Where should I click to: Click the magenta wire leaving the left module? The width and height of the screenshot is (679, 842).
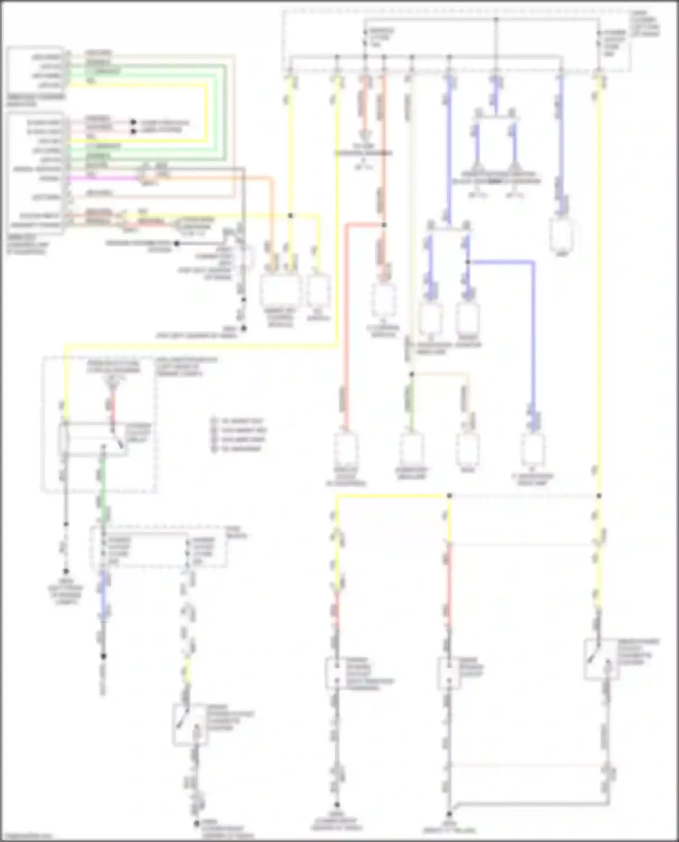coord(104,178)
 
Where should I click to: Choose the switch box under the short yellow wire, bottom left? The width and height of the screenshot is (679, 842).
coord(190,724)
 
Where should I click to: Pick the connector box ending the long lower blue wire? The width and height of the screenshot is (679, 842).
coord(533,450)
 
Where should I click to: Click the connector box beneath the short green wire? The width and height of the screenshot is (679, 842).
coord(411,450)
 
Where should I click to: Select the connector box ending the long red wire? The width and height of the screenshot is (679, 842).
coord(346,450)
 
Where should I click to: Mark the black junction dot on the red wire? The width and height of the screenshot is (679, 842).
coord(384,224)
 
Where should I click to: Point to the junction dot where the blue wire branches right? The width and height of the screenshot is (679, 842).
coord(468,262)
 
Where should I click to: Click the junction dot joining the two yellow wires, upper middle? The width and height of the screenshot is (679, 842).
coord(291,215)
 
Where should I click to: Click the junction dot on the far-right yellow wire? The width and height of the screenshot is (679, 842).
coord(599,496)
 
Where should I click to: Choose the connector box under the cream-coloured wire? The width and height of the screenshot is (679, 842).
coord(468,450)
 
